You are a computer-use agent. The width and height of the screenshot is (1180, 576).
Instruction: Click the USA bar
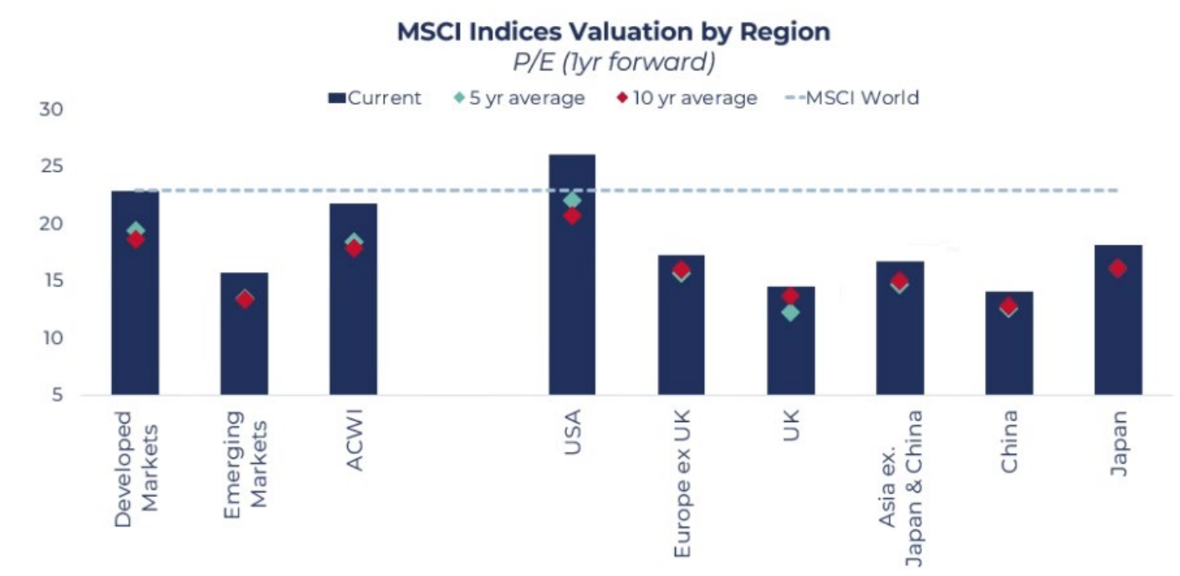pyautogui.click(x=572, y=276)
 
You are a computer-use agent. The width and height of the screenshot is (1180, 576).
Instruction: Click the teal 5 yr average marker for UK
pyautogui.click(x=790, y=312)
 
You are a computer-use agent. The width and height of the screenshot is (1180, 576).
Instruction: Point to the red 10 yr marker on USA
pyautogui.click(x=572, y=216)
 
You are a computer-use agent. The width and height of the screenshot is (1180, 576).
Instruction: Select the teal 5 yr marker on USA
pyautogui.click(x=572, y=200)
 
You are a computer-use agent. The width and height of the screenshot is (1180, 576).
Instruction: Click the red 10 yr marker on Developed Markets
pyautogui.click(x=135, y=240)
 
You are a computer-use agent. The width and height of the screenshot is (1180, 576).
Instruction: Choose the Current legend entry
pyautogui.click(x=375, y=98)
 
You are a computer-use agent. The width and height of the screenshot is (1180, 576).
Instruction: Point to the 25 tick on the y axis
pyautogui.click(x=52, y=167)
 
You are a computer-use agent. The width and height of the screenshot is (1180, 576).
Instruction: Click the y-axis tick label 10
pyautogui.click(x=52, y=338)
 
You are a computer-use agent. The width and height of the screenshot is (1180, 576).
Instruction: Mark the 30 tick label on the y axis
pyautogui.click(x=52, y=110)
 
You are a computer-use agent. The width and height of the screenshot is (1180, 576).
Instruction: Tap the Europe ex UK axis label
pyautogui.click(x=682, y=484)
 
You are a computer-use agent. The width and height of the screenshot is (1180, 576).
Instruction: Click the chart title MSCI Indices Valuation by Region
pyautogui.click(x=613, y=32)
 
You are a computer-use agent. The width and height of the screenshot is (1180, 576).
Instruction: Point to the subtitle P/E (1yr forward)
pyautogui.click(x=613, y=63)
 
